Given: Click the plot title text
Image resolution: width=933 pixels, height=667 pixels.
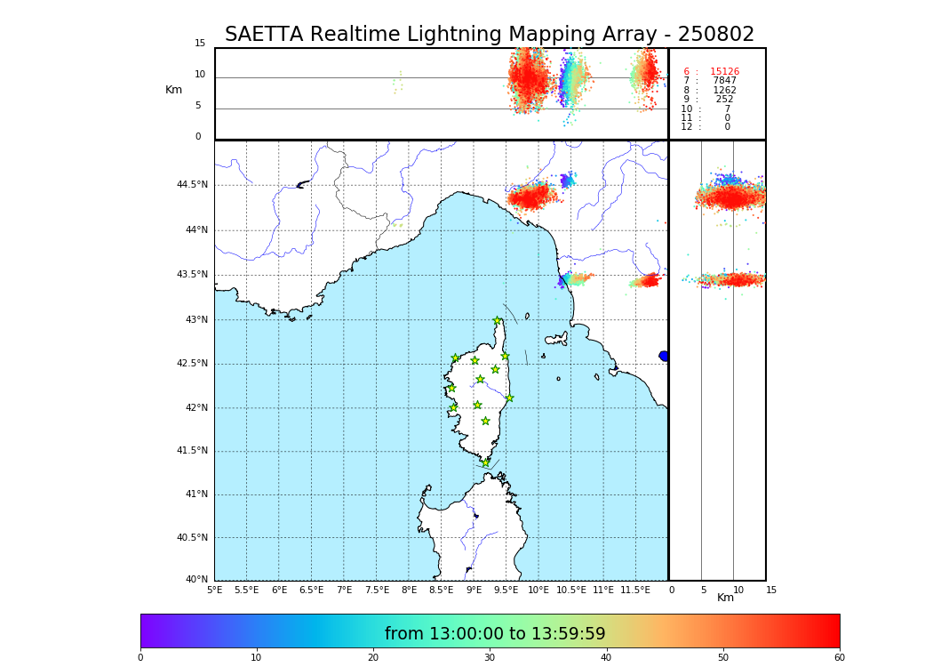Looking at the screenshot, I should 490,35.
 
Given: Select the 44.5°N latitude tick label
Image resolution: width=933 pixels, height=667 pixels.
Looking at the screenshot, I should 192,185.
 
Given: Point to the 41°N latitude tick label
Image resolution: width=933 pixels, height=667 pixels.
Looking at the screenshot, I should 195,494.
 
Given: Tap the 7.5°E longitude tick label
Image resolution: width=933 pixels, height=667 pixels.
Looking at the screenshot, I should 377,590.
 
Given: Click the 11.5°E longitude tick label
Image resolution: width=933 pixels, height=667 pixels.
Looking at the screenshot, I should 634,590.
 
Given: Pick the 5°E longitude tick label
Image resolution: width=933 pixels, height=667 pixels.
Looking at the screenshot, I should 214,590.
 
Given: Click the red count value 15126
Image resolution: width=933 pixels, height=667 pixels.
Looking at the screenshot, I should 724,72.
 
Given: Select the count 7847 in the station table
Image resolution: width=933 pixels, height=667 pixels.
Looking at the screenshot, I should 724,81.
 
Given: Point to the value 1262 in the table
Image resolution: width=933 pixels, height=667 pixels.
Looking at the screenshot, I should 724,91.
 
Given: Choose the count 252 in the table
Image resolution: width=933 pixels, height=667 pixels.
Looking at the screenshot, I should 724,100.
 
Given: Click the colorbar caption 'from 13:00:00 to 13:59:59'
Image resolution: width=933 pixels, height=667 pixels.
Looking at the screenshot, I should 495,634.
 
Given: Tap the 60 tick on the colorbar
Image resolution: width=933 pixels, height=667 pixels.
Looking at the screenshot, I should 839,657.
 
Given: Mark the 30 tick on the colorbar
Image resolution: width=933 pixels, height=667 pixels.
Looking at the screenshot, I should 490,657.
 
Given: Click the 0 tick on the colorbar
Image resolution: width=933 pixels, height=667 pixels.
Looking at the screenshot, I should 140,657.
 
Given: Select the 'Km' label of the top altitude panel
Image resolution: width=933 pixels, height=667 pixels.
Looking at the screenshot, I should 173,90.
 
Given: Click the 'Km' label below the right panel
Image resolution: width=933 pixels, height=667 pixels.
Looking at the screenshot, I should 726,598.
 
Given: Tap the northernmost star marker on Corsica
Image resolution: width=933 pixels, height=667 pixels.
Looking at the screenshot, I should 498,321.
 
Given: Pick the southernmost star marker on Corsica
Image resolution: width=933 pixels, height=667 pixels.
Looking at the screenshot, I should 485,462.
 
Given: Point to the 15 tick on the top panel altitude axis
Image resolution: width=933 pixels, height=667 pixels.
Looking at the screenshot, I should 200,44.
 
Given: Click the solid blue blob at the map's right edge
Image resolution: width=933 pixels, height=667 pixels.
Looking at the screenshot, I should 664,356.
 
